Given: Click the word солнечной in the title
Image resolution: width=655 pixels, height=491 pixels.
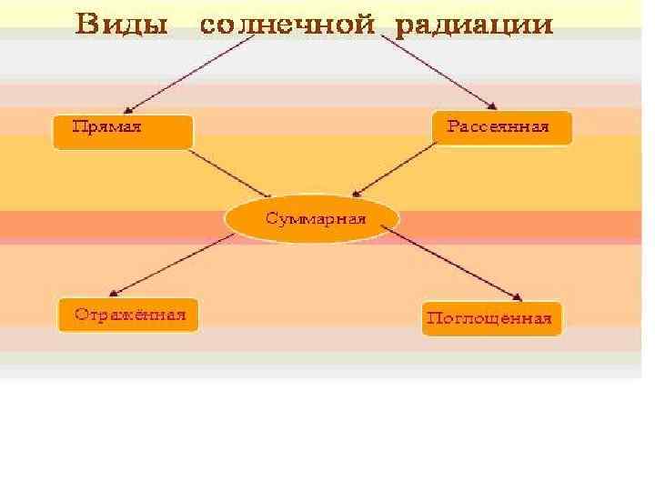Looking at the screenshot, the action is [x=287, y=24].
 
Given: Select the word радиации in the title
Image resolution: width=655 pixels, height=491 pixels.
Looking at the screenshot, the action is [x=471, y=24].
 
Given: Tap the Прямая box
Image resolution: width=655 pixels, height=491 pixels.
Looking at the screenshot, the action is [x=123, y=131].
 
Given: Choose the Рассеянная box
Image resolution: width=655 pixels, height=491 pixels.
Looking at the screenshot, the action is [x=501, y=128].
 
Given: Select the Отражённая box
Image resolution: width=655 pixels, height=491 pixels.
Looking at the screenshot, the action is [x=128, y=316].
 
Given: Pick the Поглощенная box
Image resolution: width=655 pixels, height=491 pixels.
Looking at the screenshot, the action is [x=491, y=318].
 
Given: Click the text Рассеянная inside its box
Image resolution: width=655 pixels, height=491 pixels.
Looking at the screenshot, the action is [x=498, y=126].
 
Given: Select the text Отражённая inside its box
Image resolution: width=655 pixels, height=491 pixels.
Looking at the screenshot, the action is [x=130, y=315].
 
